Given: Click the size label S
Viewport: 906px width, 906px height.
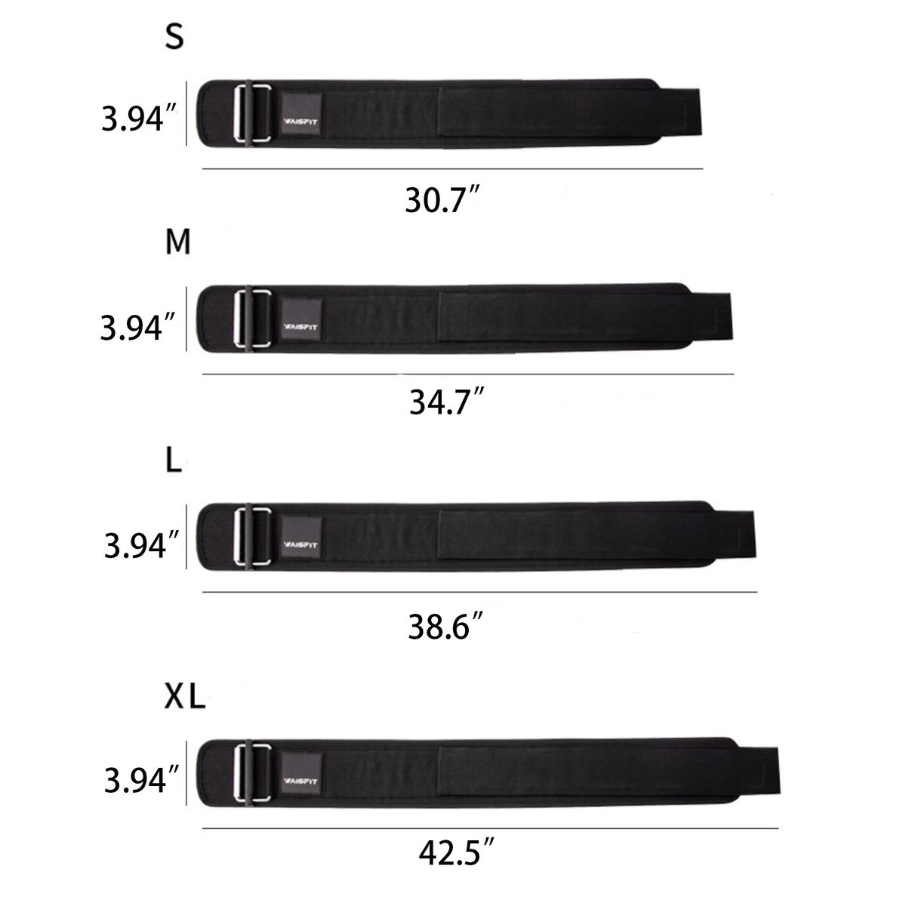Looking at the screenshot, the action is (x=174, y=36).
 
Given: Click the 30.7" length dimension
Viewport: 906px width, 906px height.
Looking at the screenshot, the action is (x=442, y=199).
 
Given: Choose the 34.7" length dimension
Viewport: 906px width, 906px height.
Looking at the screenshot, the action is (x=446, y=401).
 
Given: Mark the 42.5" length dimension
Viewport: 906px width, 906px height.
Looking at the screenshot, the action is (x=456, y=852).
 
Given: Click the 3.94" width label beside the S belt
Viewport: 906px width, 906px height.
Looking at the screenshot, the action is (x=139, y=118).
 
